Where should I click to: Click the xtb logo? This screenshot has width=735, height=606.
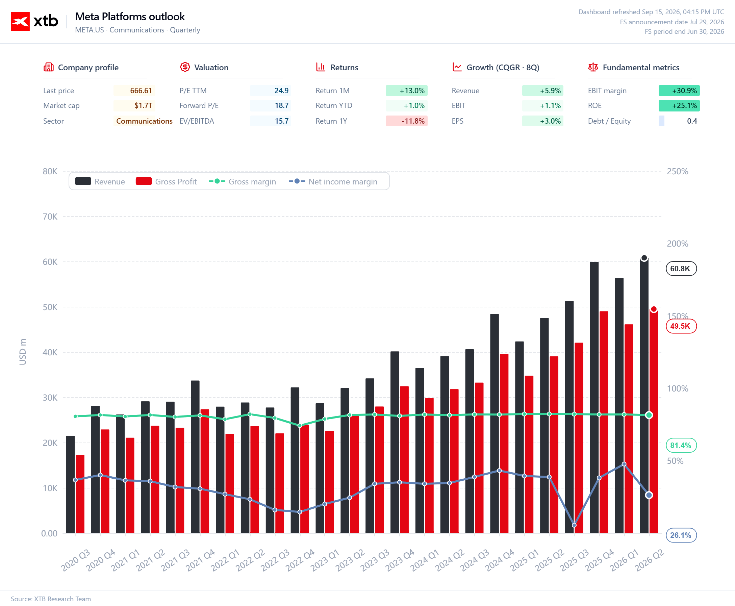point(34,21)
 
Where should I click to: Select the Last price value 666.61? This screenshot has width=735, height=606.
point(141,91)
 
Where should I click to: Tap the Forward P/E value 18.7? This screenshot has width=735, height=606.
point(281,106)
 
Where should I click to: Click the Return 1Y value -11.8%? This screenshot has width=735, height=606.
point(413,121)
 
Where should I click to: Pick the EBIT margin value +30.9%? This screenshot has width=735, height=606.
point(684,91)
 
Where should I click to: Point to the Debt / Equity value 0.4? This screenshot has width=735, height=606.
point(692,121)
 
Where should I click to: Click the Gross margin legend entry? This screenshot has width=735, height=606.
point(242,181)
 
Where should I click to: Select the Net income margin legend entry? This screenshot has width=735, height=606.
point(333,181)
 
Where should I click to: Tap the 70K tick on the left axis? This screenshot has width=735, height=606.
point(50,217)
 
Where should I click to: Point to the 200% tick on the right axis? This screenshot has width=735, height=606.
point(678,244)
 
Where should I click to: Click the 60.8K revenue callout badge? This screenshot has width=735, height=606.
point(681,269)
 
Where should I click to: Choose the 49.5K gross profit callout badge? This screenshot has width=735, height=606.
point(681,326)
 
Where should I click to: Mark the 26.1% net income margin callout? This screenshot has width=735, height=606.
point(681,535)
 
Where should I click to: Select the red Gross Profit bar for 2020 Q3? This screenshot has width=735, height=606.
point(80,494)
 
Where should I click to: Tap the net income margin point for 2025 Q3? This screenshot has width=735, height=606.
point(574,525)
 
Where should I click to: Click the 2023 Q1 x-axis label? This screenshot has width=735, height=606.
point(325,560)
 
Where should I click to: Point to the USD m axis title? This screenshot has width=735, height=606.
point(23,352)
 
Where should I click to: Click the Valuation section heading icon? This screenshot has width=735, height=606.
point(185,67)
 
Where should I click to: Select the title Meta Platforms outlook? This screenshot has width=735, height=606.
point(130,17)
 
